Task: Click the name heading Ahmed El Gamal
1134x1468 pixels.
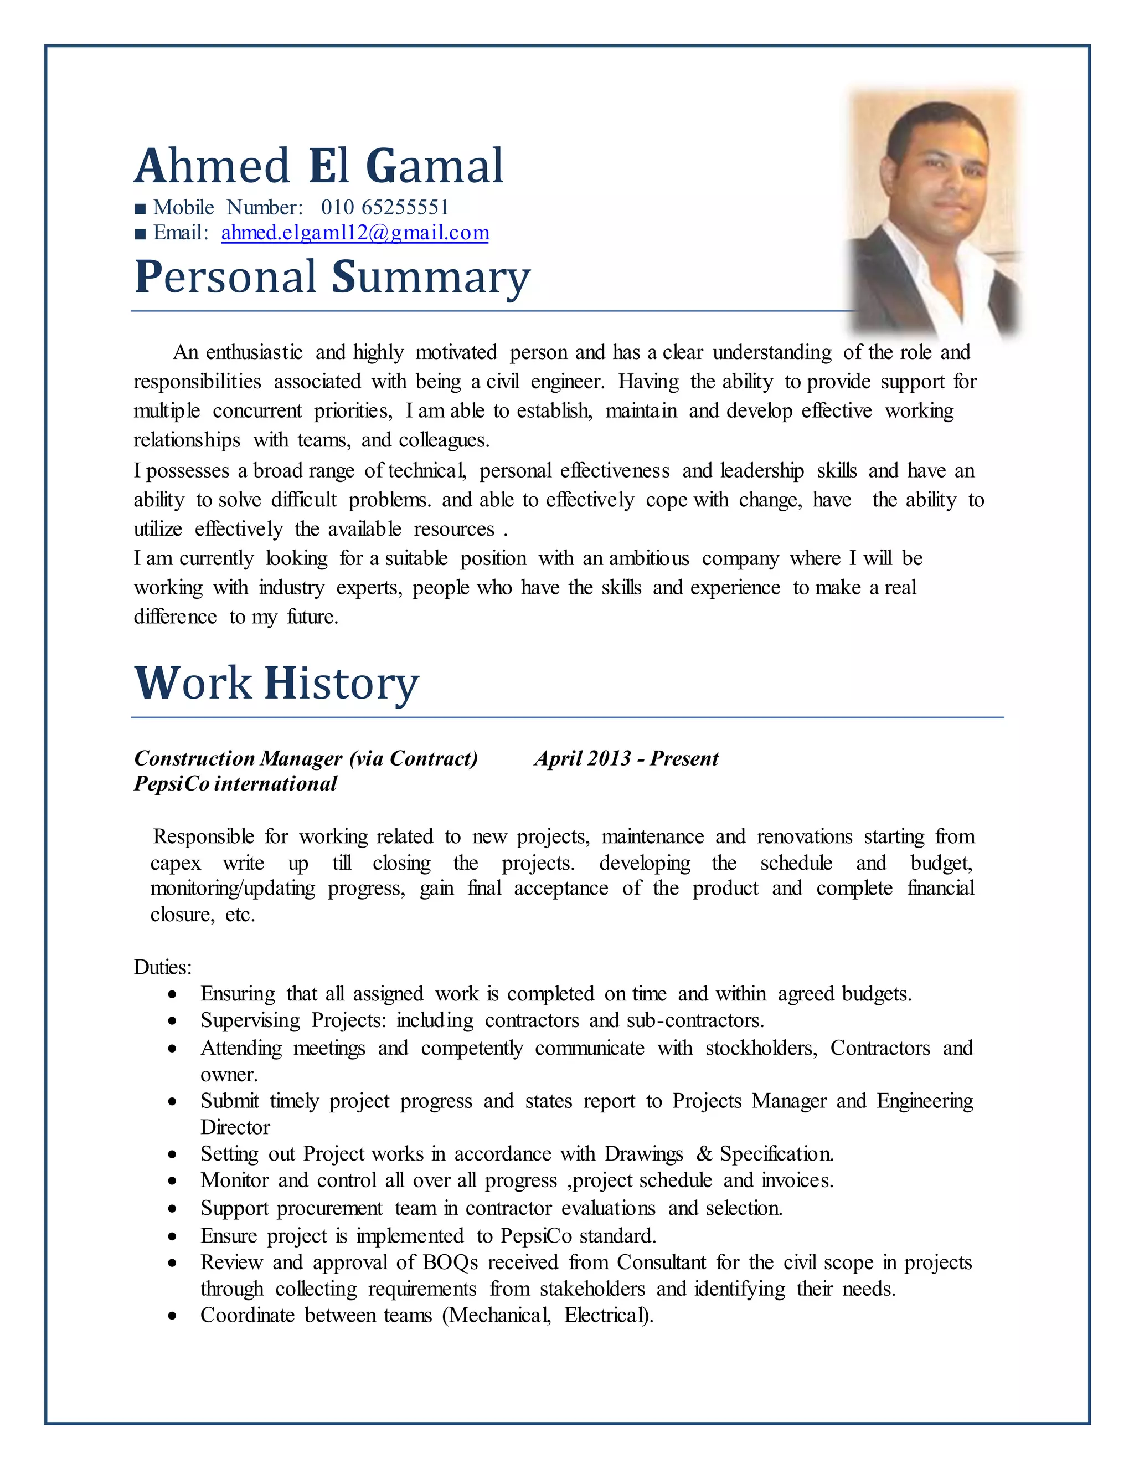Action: (318, 166)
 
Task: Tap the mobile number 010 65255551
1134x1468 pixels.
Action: (384, 207)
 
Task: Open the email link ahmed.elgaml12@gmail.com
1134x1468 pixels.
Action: (355, 233)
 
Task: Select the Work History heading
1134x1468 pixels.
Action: (276, 683)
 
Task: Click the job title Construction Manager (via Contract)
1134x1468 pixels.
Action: (306, 758)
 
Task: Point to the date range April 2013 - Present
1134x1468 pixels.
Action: (626, 758)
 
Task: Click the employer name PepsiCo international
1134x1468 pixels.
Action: (235, 784)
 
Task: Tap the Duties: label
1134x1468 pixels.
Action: (163, 967)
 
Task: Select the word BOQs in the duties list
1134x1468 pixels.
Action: (450, 1262)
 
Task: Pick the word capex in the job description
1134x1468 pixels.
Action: (176, 863)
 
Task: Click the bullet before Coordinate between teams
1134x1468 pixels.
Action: (173, 1316)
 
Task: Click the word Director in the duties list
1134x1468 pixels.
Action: (235, 1127)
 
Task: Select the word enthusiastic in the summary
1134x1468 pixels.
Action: (254, 352)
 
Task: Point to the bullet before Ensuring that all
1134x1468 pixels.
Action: (173, 994)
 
